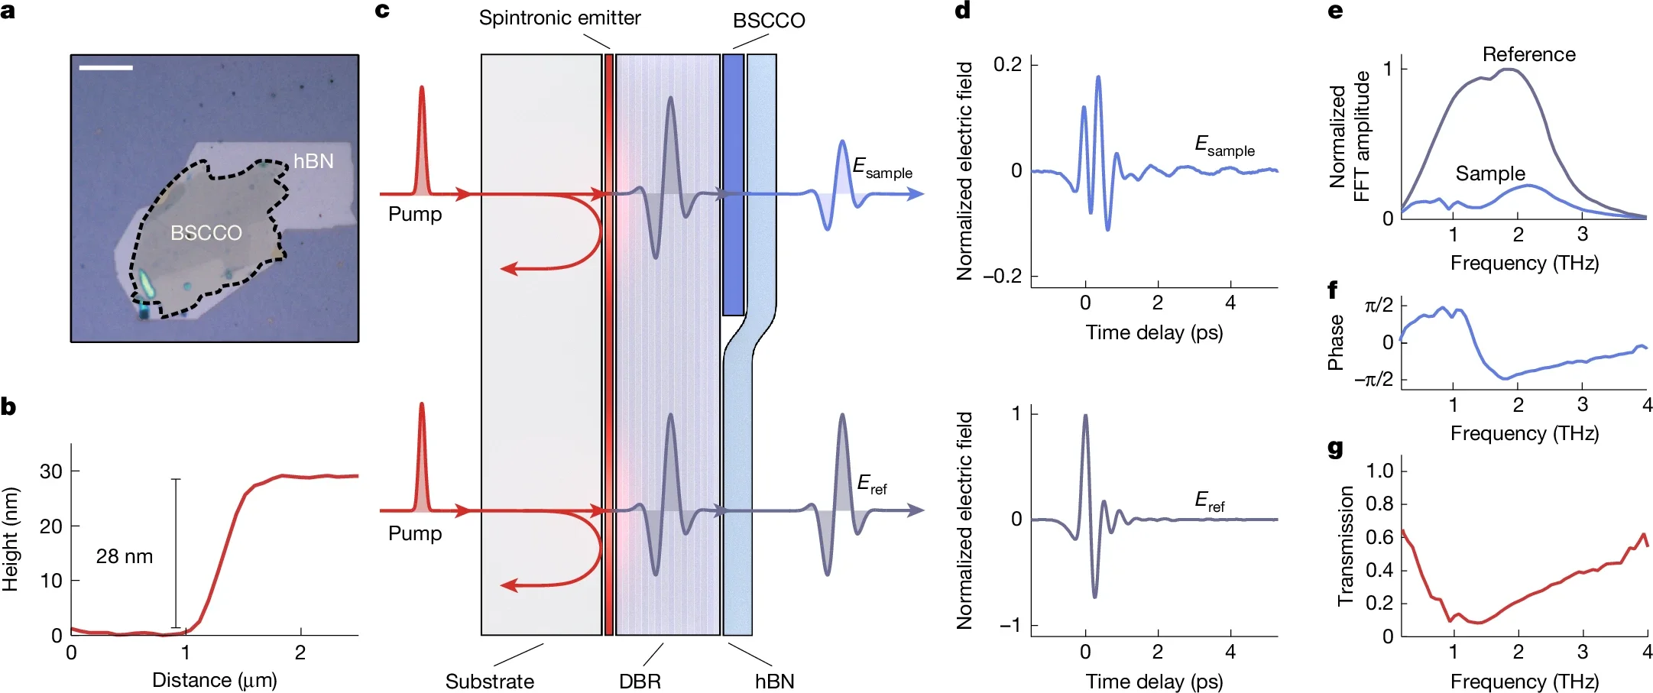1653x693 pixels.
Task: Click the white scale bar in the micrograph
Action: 105,68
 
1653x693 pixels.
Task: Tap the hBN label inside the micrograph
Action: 313,161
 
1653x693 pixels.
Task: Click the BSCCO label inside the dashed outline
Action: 206,233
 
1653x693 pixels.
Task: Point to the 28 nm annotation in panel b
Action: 125,556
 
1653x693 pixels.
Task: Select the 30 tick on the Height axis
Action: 50,471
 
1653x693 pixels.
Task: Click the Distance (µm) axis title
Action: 214,679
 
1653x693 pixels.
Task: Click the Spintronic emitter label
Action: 559,18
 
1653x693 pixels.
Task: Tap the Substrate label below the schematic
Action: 490,681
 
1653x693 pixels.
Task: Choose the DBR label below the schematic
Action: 640,681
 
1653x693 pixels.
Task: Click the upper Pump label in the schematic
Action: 415,214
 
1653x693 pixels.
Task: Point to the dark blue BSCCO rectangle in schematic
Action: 733,183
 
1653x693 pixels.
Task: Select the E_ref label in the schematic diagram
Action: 872,484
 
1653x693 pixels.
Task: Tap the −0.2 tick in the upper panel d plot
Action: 1002,276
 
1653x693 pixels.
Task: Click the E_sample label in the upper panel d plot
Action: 1224,145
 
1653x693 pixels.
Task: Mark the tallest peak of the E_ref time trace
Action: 1085,416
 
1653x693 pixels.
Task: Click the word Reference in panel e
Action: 1528,54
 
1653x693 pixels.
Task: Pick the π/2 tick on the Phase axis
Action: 1379,306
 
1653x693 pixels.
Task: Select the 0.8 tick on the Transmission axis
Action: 1379,504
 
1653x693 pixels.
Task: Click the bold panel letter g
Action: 1335,448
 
